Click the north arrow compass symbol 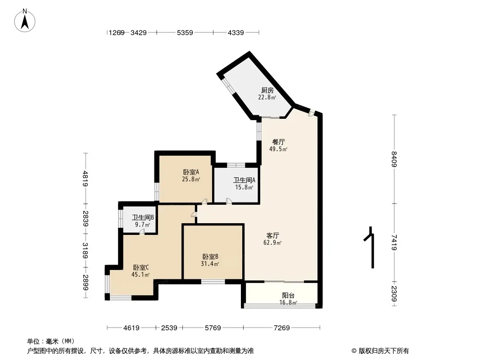pos(25,21)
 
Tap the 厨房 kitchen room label pos(267,90)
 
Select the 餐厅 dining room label pos(279,142)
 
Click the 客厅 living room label pos(272,235)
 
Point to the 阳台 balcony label pos(288,296)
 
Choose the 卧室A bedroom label pos(191,172)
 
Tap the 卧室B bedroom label pos(210,256)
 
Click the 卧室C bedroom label pos(141,268)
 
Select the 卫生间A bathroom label pos(244,180)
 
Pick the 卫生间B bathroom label pos(143,217)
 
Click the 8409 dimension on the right pos(394,159)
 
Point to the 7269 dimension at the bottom pos(281,328)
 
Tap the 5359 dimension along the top pos(185,32)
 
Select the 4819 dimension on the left pos(86,178)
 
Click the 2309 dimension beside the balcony pos(394,294)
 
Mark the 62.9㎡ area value pos(272,243)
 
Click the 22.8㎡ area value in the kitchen pos(267,98)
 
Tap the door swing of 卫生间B pos(142,232)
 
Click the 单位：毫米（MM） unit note pos(51,342)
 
